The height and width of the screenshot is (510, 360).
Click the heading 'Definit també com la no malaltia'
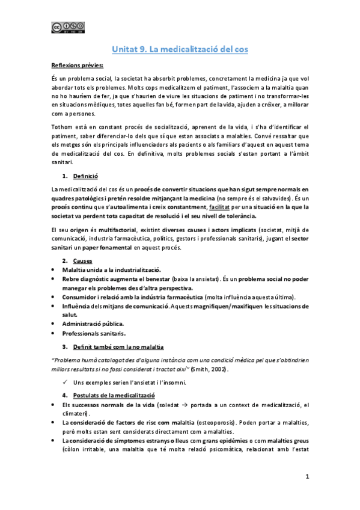(120, 347)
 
